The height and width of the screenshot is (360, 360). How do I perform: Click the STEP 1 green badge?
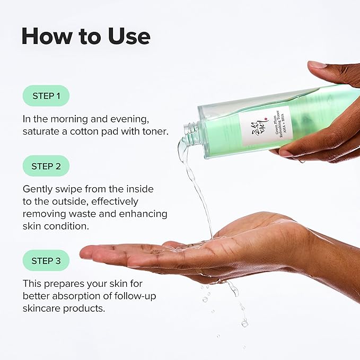[46, 96]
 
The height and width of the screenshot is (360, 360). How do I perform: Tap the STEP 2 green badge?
[46, 166]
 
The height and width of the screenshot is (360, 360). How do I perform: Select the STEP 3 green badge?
[46, 261]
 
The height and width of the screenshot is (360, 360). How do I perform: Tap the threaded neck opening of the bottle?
[191, 134]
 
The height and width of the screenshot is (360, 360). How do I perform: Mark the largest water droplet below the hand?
[244, 322]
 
